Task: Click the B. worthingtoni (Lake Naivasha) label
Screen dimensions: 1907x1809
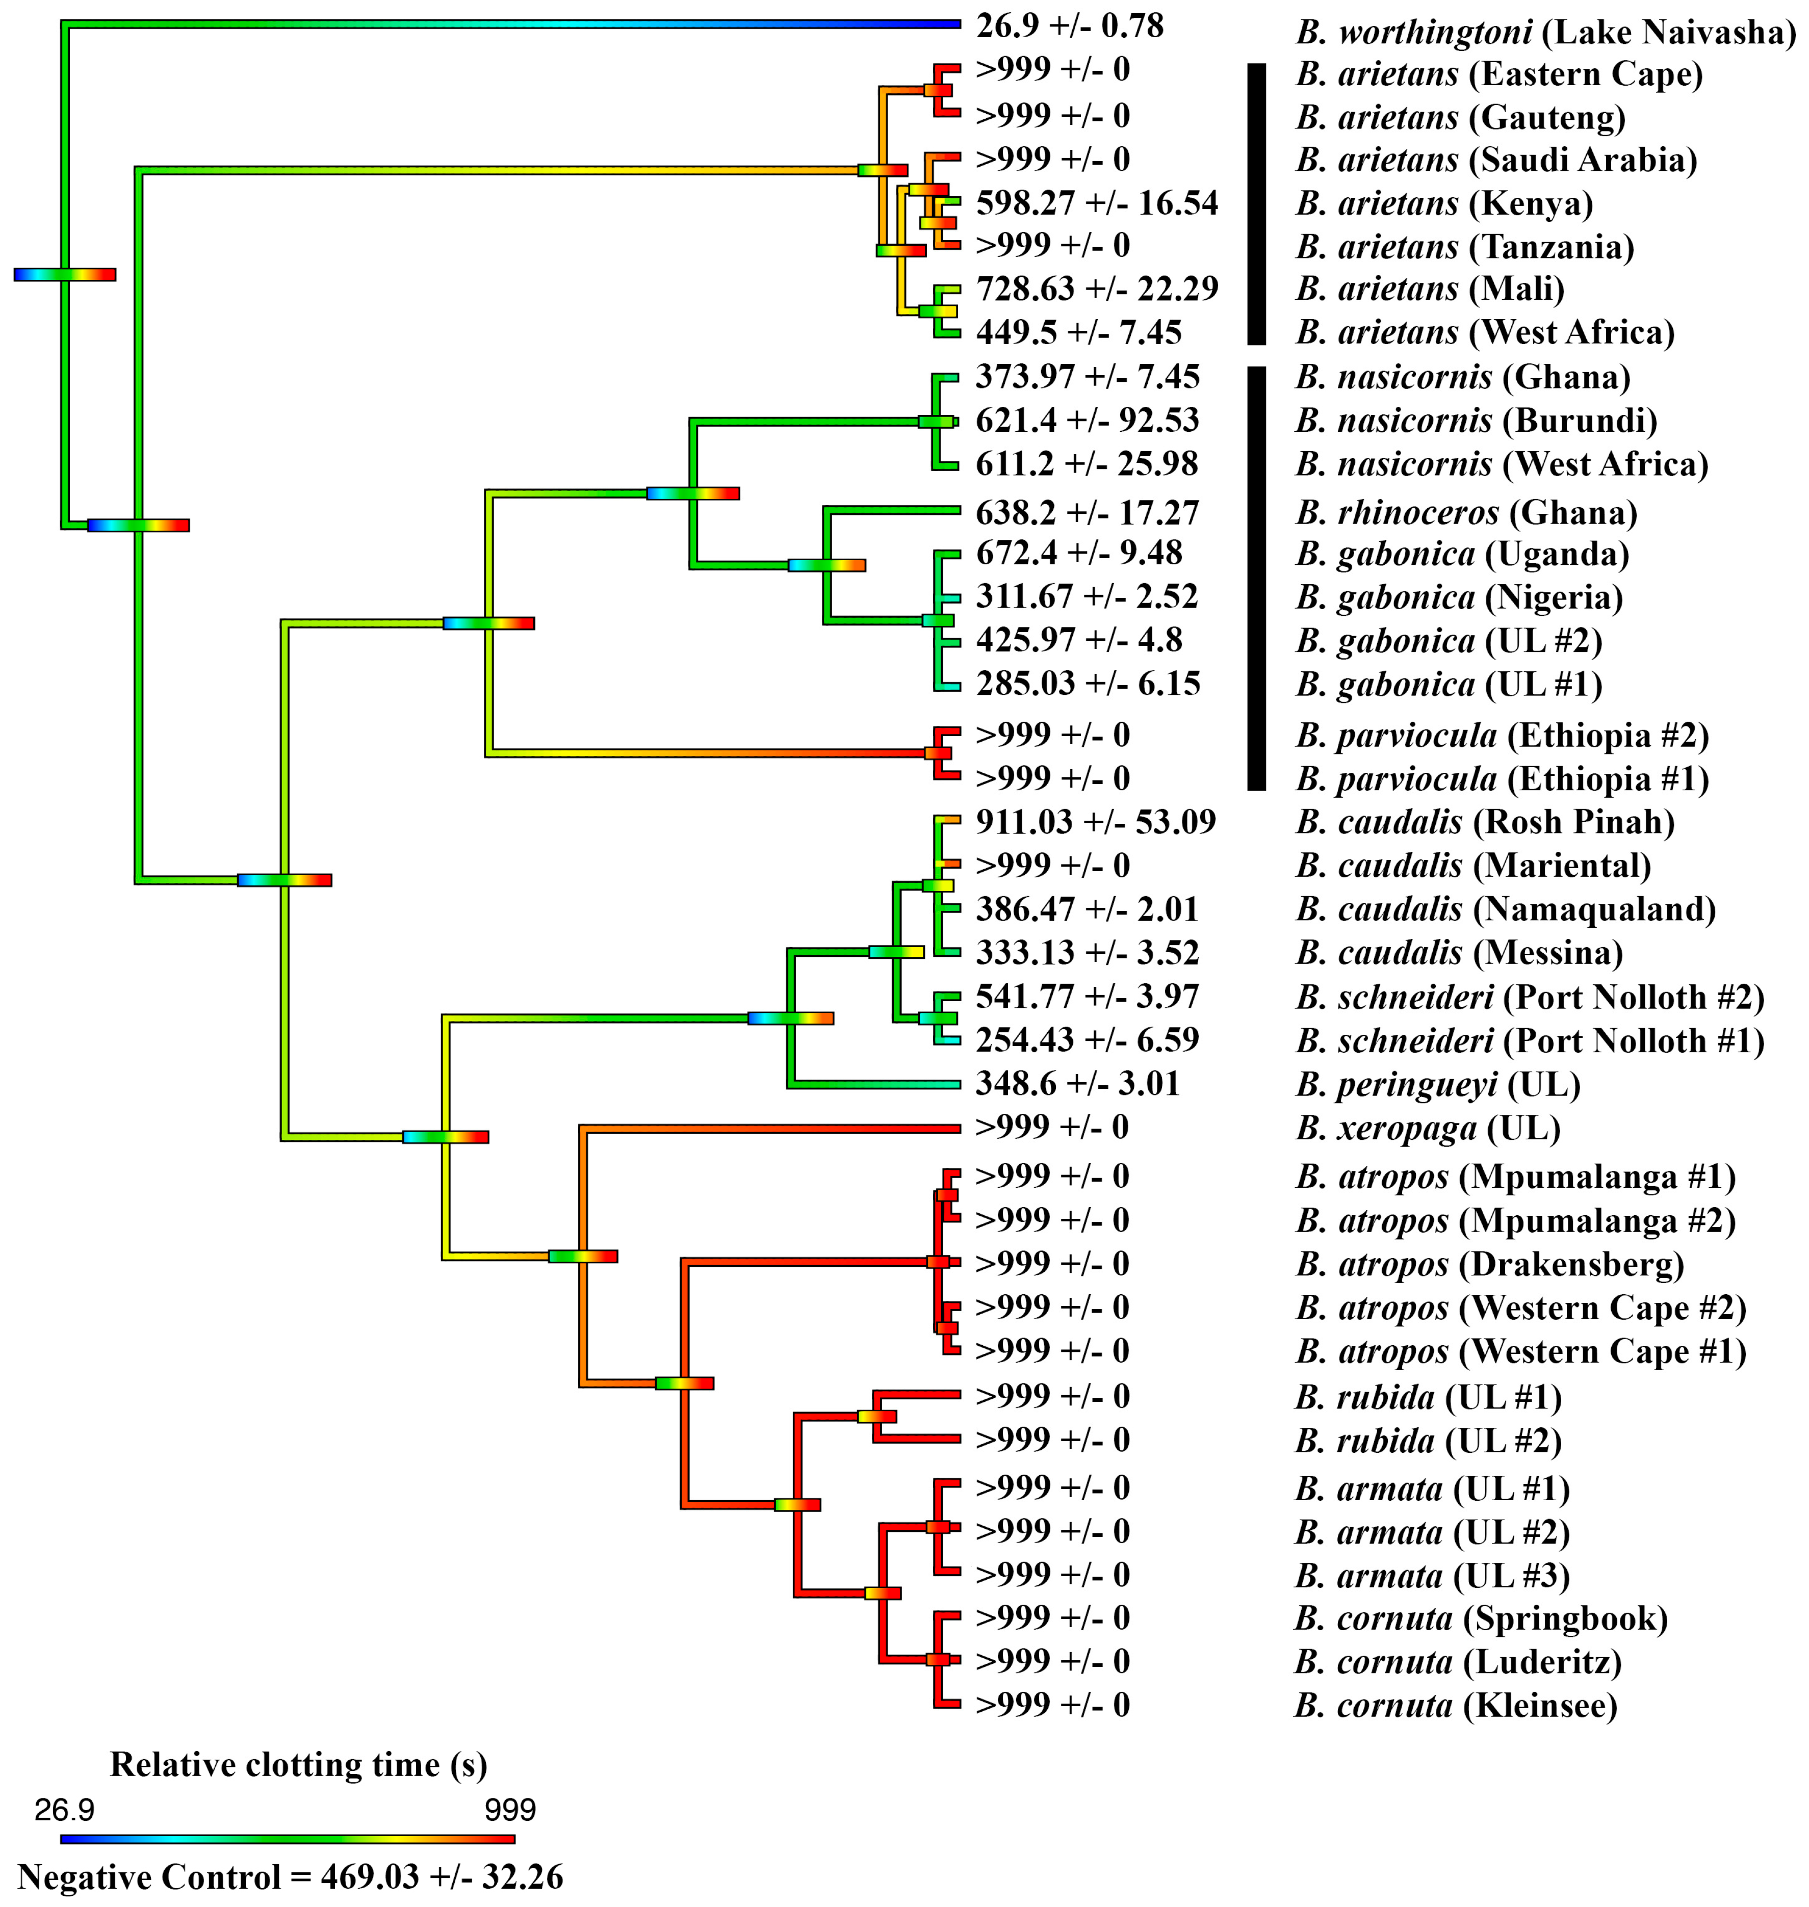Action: tap(1545, 32)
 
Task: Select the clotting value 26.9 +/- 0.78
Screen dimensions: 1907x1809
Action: tap(1069, 26)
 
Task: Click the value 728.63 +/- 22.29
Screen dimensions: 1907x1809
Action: tap(1096, 289)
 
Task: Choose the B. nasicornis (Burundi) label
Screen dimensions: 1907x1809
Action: tap(1476, 421)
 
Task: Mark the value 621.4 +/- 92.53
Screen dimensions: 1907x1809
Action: tap(1087, 421)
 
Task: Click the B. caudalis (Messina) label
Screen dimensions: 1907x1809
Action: tap(1458, 953)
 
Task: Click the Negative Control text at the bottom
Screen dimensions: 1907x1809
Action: tap(289, 1876)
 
